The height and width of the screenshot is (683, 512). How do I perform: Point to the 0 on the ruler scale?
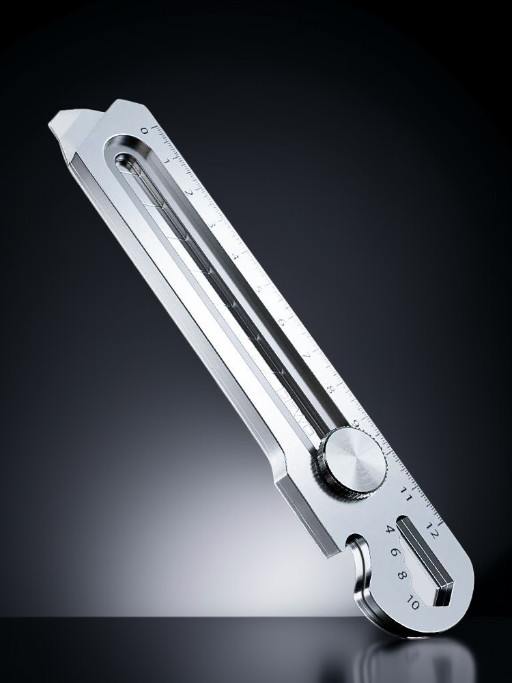coord(144,130)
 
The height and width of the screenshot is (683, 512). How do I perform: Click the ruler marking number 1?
coord(166,162)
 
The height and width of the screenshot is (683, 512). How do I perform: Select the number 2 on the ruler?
coord(189,193)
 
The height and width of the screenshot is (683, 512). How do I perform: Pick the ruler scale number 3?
coord(212,224)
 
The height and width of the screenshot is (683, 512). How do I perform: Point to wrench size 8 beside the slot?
coord(403,576)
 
